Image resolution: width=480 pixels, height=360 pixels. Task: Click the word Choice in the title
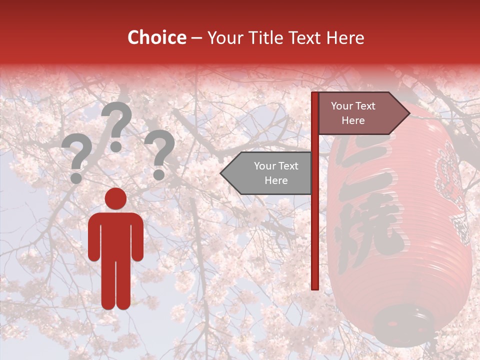[x=156, y=37]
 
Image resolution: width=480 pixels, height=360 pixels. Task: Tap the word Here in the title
[x=345, y=37]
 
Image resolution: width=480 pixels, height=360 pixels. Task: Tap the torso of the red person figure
[x=115, y=235]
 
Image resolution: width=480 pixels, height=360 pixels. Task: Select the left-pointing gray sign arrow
[x=267, y=173]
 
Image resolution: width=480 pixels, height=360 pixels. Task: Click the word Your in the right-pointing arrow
[x=341, y=106]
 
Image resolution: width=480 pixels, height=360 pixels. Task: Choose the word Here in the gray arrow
[x=276, y=180]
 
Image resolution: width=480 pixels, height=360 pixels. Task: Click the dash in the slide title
[x=196, y=38]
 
